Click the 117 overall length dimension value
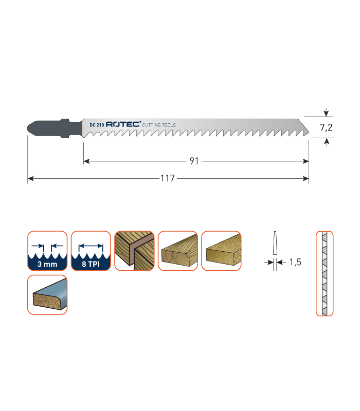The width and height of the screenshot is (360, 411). point(168,178)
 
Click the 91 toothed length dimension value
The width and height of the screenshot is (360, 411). point(194,161)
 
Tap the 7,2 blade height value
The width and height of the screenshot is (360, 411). point(326,127)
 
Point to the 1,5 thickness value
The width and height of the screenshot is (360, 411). point(295,262)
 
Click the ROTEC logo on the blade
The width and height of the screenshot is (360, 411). point(123,124)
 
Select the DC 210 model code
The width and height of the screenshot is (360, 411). point(97,125)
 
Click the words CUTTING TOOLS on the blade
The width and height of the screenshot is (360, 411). point(159,125)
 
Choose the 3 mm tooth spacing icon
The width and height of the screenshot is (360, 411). point(47,251)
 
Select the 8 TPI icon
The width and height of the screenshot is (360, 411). point(91,251)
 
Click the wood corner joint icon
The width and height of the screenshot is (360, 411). point(134,251)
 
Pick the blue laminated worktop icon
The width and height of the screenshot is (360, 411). point(47,294)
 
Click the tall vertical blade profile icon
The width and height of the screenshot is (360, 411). point(325,273)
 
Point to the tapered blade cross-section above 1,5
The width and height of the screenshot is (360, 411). point(275,242)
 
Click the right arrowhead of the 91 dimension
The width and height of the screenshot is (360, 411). point(305,161)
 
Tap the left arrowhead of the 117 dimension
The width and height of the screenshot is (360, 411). point(31,178)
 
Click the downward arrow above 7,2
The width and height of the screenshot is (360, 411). point(326,113)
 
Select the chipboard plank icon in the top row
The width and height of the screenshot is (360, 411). point(221,251)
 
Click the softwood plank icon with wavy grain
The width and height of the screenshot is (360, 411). point(177,251)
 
